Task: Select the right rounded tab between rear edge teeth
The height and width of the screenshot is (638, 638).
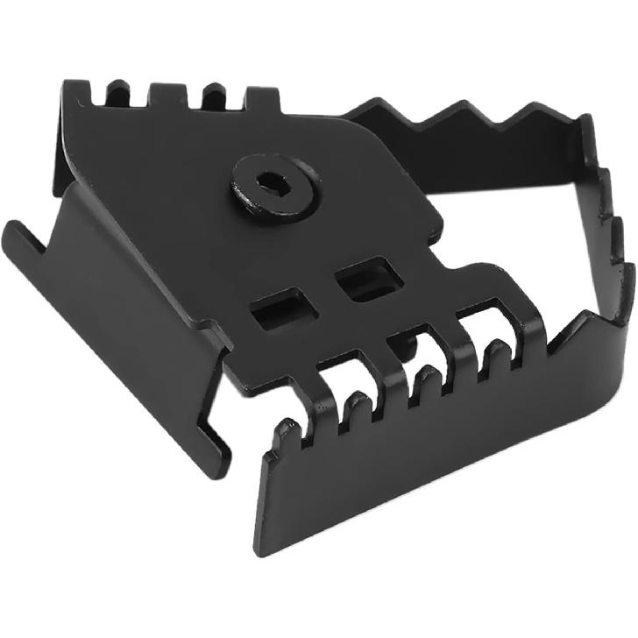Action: pyautogui.click(x=210, y=89)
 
